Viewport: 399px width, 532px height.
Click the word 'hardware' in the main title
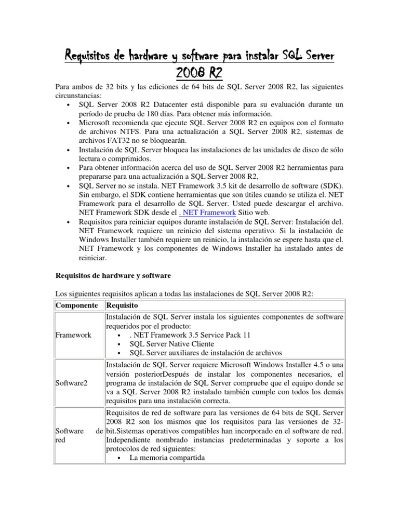pos(136,55)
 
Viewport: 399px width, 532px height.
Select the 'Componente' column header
pos(77,305)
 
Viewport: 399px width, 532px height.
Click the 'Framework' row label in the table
pos(73,335)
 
